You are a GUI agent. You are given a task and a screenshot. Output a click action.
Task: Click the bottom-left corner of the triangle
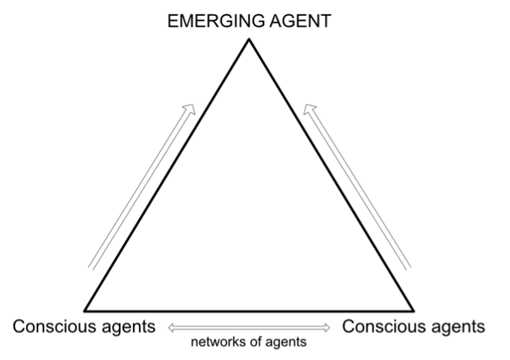(85, 309)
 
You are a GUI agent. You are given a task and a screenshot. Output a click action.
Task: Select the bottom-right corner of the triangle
(413, 309)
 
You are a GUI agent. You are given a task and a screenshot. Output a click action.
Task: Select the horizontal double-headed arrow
(249, 328)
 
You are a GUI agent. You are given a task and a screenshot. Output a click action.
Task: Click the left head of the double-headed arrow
(172, 328)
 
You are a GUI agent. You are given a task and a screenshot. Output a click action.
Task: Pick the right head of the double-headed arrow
(327, 328)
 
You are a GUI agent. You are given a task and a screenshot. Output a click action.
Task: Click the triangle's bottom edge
(249, 309)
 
